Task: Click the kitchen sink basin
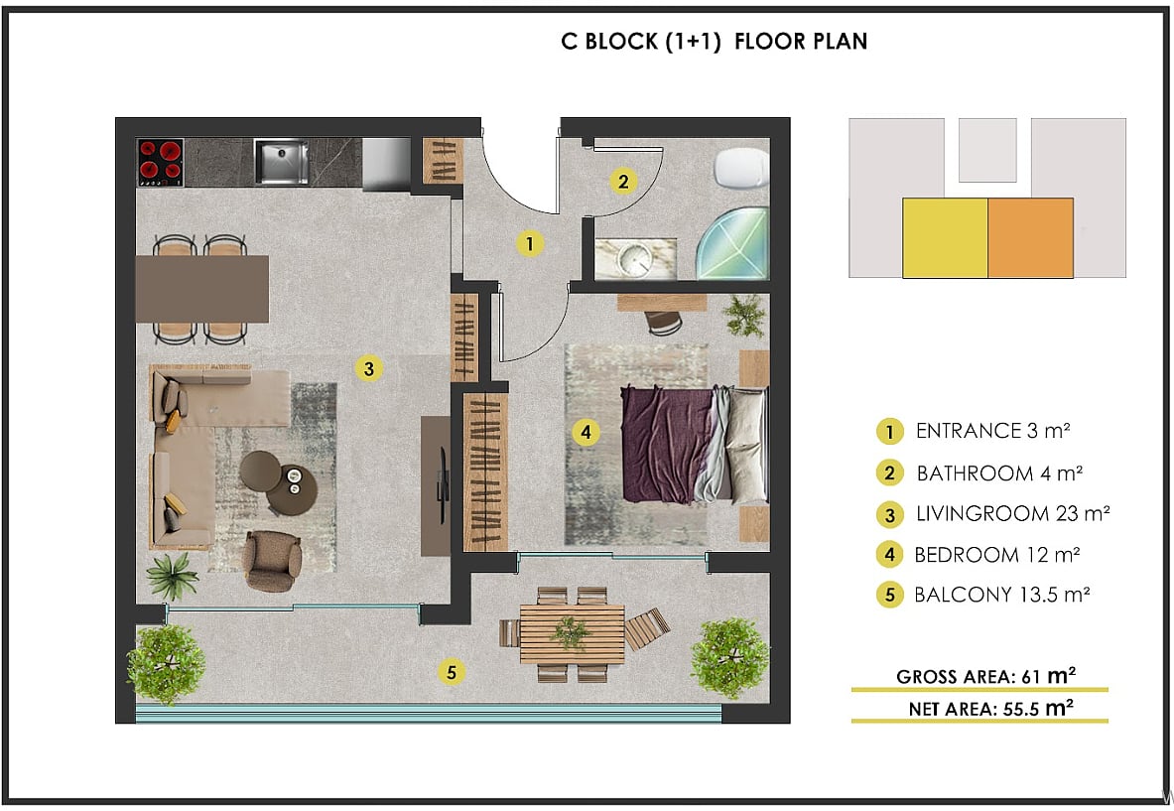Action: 282,162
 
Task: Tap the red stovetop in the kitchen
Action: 161,163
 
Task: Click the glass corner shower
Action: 733,244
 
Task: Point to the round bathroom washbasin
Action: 637,259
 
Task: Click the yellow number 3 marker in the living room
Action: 368,368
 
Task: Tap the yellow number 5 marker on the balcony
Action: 451,672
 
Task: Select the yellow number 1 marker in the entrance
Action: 529,243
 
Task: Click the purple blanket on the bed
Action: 666,445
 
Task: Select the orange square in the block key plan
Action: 1030,238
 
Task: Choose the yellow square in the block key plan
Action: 945,238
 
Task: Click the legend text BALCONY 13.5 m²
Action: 1001,595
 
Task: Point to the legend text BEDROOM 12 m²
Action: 996,555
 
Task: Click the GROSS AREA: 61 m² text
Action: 985,676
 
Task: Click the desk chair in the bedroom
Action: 663,322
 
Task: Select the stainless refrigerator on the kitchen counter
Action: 386,164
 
